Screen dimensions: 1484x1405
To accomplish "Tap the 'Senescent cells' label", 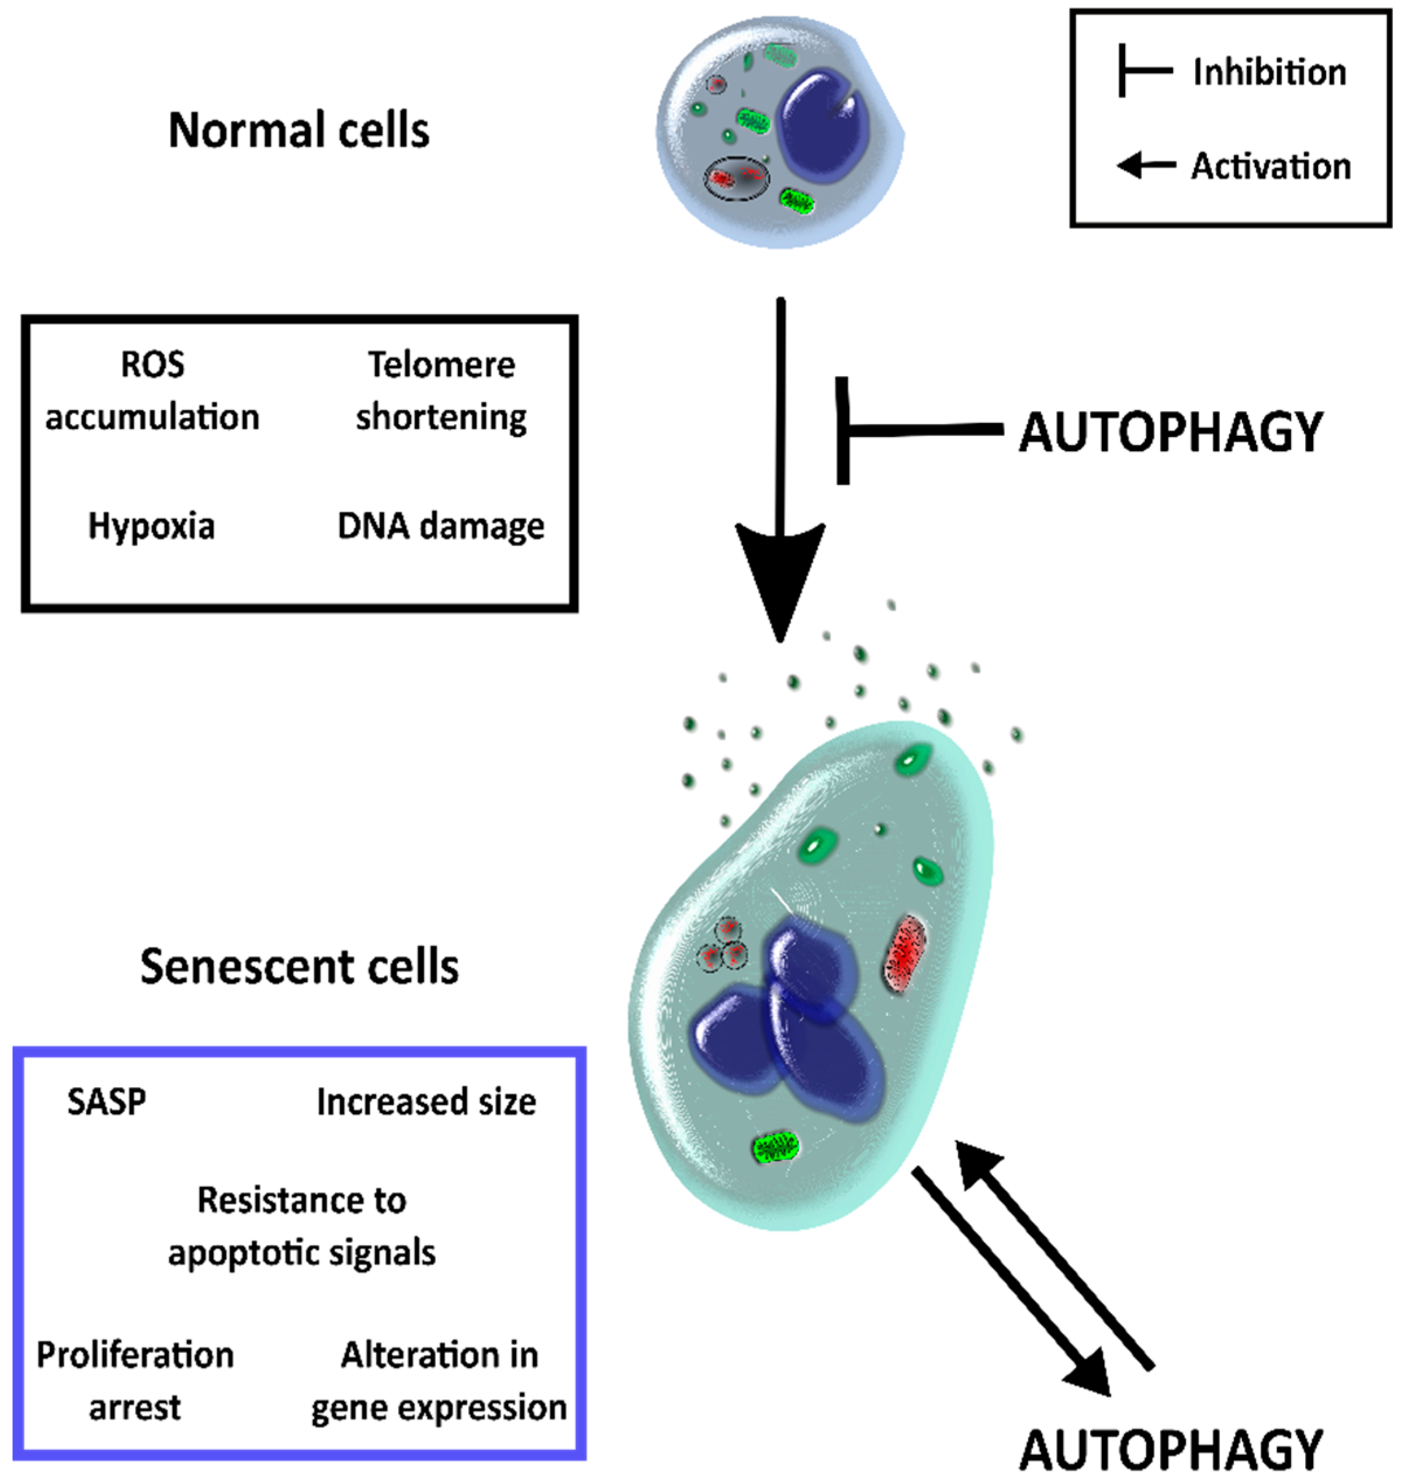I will (299, 966).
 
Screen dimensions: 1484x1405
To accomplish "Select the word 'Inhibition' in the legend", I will (1269, 72).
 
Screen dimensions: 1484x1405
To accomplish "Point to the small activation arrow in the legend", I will (1144, 164).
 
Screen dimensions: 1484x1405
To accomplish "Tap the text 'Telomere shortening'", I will (441, 391).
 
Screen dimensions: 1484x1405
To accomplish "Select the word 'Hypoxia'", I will (151, 526).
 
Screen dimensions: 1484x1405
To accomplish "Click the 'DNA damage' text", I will (440, 526).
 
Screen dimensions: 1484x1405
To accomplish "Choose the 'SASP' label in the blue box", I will (106, 1102).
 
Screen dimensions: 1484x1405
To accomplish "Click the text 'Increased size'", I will (426, 1102).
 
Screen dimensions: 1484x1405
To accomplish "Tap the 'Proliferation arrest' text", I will (135, 1381).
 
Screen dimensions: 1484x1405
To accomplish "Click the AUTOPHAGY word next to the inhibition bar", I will (1171, 432).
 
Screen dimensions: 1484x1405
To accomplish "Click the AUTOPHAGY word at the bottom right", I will (1171, 1450).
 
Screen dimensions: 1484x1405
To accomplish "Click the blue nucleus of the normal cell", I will (824, 127).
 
